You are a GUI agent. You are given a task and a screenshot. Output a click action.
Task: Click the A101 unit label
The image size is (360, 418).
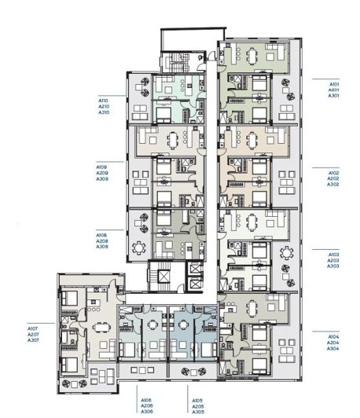click(333, 82)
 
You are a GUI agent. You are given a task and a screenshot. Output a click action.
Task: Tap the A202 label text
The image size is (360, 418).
click(333, 178)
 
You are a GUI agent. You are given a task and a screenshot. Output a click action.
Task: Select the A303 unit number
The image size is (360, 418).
click(333, 266)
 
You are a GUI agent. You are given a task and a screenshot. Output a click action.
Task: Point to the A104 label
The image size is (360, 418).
click(333, 335)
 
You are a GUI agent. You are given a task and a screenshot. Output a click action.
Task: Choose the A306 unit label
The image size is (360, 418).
click(146, 412)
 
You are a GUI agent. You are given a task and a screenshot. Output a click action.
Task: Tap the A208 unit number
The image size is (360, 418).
click(101, 240)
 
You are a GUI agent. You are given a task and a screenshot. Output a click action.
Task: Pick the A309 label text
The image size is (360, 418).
click(101, 179)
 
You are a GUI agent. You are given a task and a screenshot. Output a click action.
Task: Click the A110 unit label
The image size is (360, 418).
click(103, 100)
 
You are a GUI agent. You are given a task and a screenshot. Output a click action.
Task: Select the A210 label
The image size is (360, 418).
click(103, 106)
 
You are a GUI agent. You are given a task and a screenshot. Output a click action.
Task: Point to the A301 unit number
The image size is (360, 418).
click(333, 95)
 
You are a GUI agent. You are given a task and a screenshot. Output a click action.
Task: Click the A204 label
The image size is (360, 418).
click(333, 343)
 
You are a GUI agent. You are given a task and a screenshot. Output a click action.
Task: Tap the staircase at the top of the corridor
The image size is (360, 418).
click(171, 62)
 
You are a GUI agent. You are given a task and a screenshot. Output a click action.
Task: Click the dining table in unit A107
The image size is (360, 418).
click(99, 328)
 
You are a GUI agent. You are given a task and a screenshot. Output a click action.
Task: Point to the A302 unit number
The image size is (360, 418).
click(333, 184)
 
